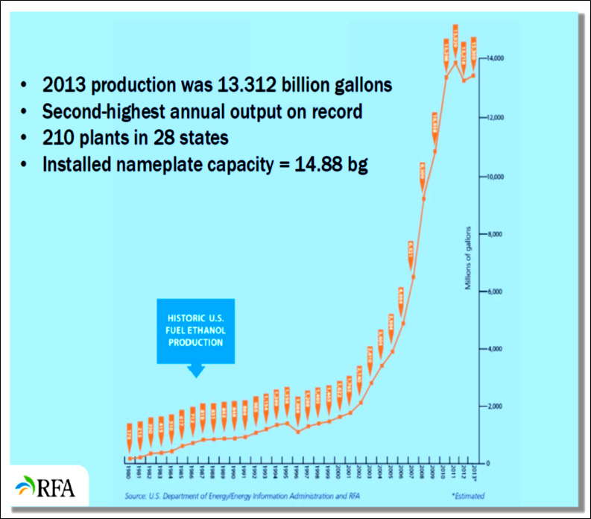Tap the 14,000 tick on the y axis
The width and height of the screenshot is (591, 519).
[495, 58]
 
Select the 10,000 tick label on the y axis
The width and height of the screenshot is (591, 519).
[495, 177]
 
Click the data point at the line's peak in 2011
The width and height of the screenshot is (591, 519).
[455, 61]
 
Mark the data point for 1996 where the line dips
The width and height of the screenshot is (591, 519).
[298, 432]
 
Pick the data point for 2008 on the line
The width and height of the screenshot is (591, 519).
[424, 198]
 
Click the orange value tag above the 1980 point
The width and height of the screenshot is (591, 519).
[129, 433]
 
